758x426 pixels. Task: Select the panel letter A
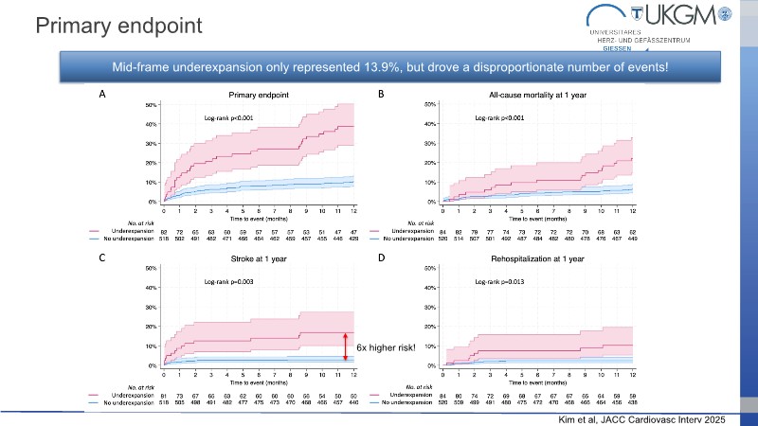[x=102, y=95]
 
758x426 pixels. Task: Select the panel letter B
[x=381, y=95]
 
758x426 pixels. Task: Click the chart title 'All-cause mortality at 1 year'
[x=537, y=96]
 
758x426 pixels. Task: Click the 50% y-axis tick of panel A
[x=150, y=105]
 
